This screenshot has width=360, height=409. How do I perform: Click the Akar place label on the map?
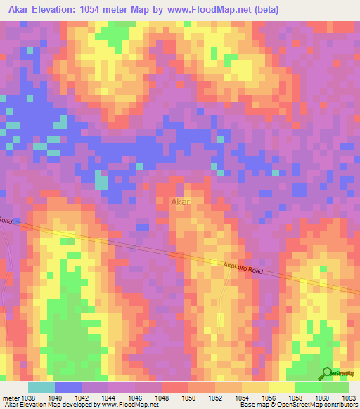pyautogui.click(x=181, y=202)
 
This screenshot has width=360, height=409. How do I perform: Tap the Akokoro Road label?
pyautogui.click(x=243, y=268)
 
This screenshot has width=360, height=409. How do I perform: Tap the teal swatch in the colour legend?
pyautogui.click(x=41, y=387)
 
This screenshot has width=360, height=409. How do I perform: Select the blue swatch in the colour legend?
pyautogui.click(x=68, y=387)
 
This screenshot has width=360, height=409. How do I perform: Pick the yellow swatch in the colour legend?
pyautogui.click(x=282, y=387)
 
